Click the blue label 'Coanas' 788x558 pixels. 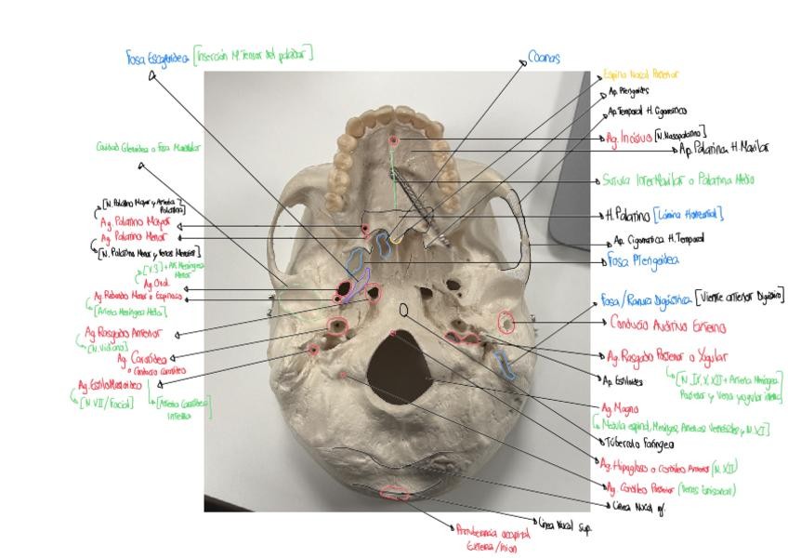[x=544, y=58]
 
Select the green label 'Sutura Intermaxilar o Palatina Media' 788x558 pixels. [x=665, y=180]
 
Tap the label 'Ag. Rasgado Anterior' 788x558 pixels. [x=125, y=332]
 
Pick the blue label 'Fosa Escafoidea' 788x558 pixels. [x=158, y=58]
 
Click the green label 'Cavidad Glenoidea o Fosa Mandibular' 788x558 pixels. [x=149, y=147]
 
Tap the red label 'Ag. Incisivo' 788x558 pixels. [x=624, y=138]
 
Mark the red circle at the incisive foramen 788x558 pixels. [x=395, y=140]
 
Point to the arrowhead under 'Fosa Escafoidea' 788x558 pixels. [x=151, y=77]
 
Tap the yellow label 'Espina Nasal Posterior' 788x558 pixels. [x=641, y=73]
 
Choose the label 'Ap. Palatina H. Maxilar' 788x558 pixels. [x=724, y=148]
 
